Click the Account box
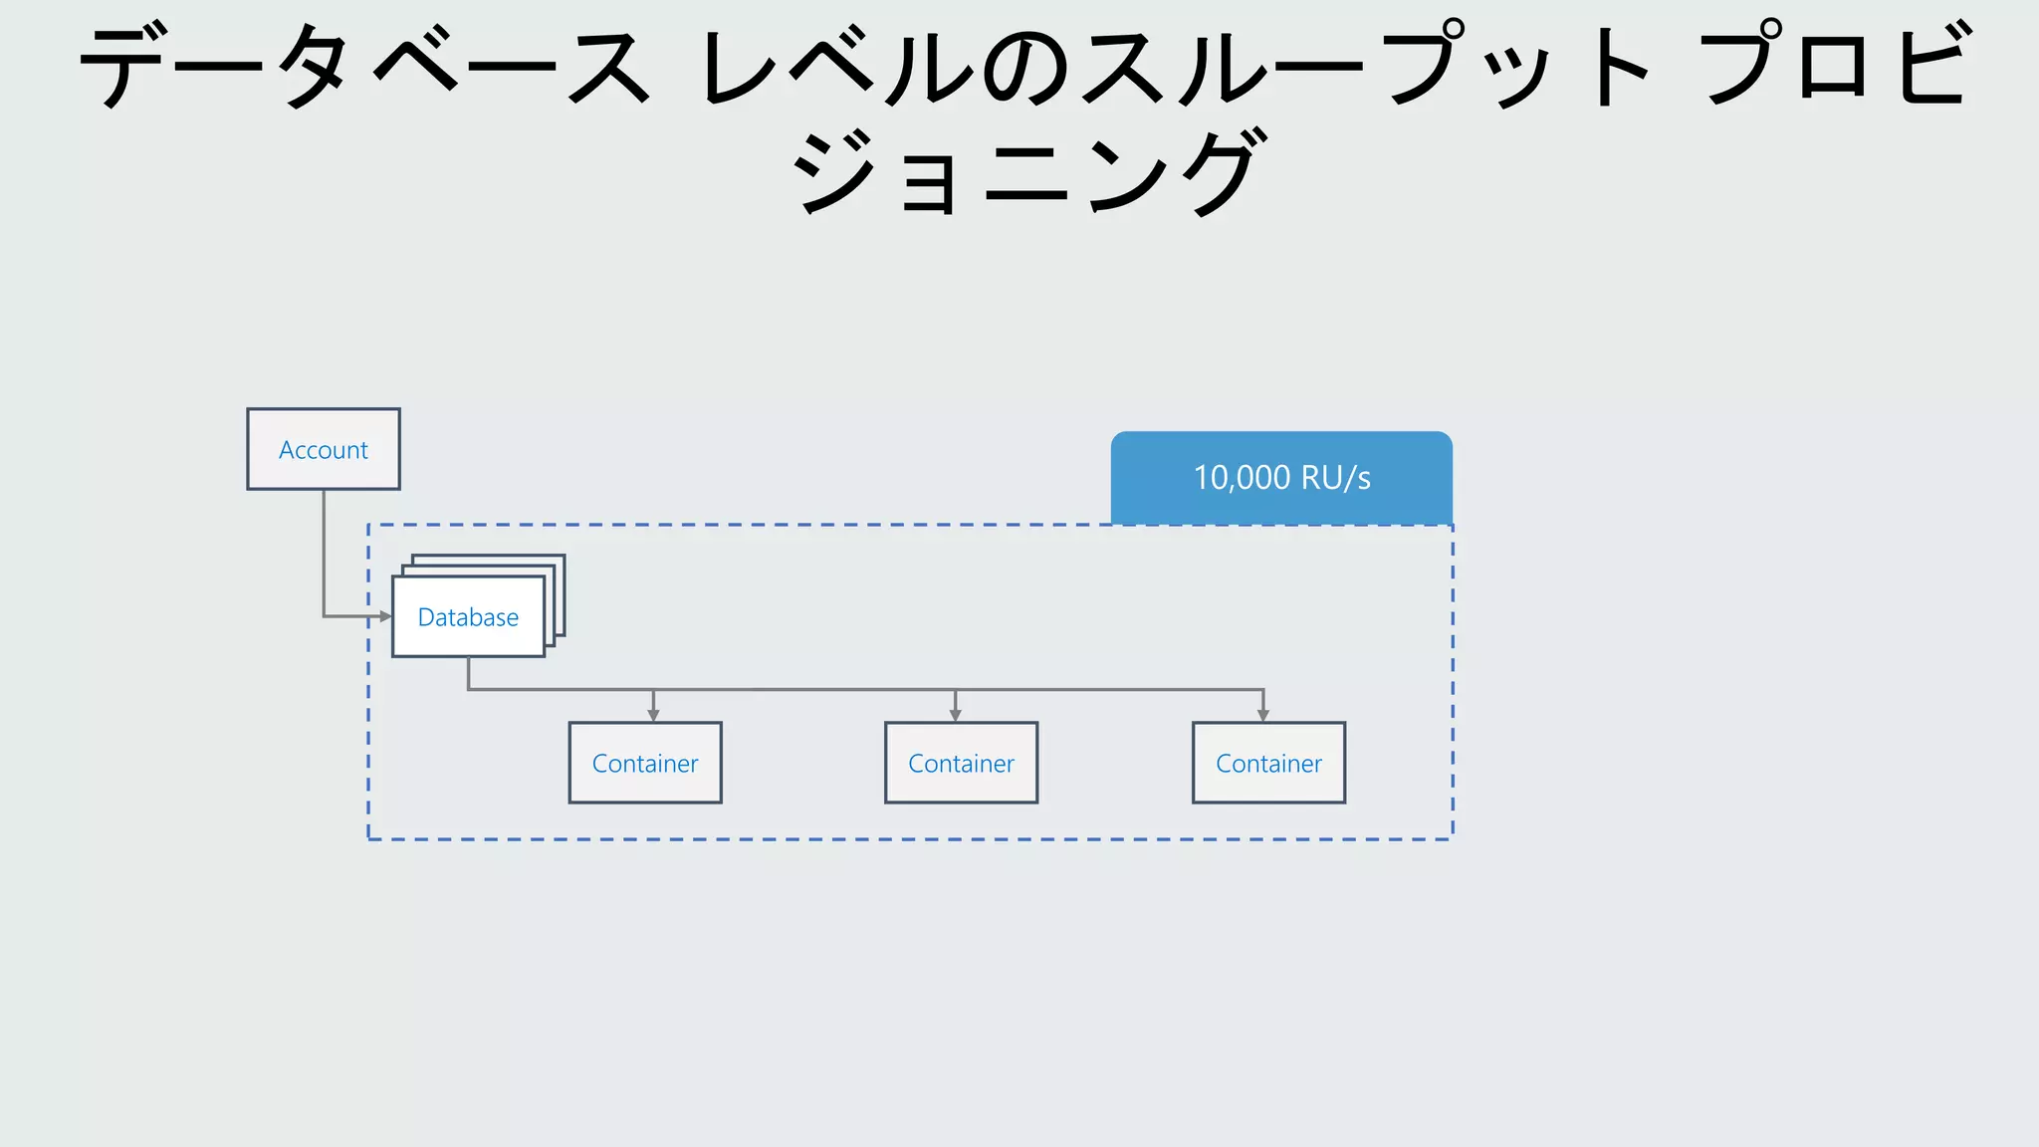[324, 449]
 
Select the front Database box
[468, 617]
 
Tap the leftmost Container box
[645, 763]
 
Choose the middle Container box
[961, 763]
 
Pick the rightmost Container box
[1268, 763]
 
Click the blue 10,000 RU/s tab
[1281, 477]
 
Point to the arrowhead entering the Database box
[385, 616]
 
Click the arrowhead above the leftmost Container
[653, 715]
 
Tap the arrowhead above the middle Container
[955, 715]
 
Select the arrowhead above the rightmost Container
[1263, 715]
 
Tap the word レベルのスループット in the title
[1175, 68]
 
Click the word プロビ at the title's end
[1837, 65]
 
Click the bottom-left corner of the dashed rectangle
[368, 839]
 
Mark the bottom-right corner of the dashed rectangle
[1453, 839]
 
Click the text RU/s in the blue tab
[1335, 478]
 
